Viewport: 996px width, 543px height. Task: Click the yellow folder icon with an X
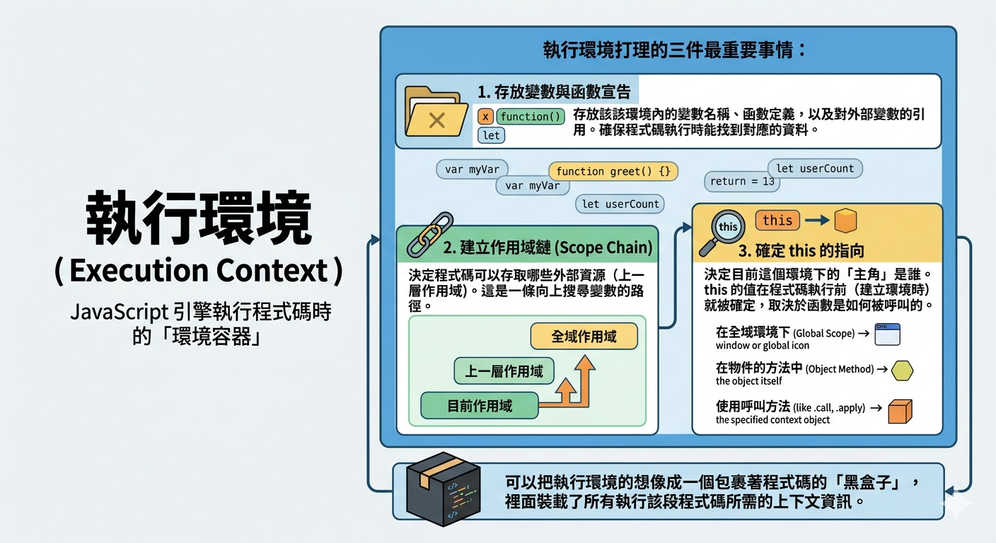point(436,112)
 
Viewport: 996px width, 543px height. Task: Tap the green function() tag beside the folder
point(531,117)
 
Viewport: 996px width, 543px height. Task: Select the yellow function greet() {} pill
point(613,172)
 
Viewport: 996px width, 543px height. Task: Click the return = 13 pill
point(741,181)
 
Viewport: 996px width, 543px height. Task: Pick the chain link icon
point(430,235)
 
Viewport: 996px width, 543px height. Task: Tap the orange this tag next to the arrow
point(777,221)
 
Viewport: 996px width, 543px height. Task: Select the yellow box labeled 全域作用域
point(584,337)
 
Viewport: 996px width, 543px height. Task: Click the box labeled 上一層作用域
point(504,371)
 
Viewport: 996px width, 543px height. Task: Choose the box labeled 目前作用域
point(480,406)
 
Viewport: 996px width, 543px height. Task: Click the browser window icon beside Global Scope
point(887,334)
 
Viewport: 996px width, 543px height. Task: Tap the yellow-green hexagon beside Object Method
point(902,370)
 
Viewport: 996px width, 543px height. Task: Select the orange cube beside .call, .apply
point(900,411)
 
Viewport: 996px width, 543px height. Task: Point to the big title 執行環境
point(199,218)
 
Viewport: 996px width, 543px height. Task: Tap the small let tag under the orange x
point(492,136)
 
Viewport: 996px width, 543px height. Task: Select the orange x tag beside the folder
point(485,117)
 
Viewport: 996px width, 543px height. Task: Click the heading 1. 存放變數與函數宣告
point(554,92)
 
